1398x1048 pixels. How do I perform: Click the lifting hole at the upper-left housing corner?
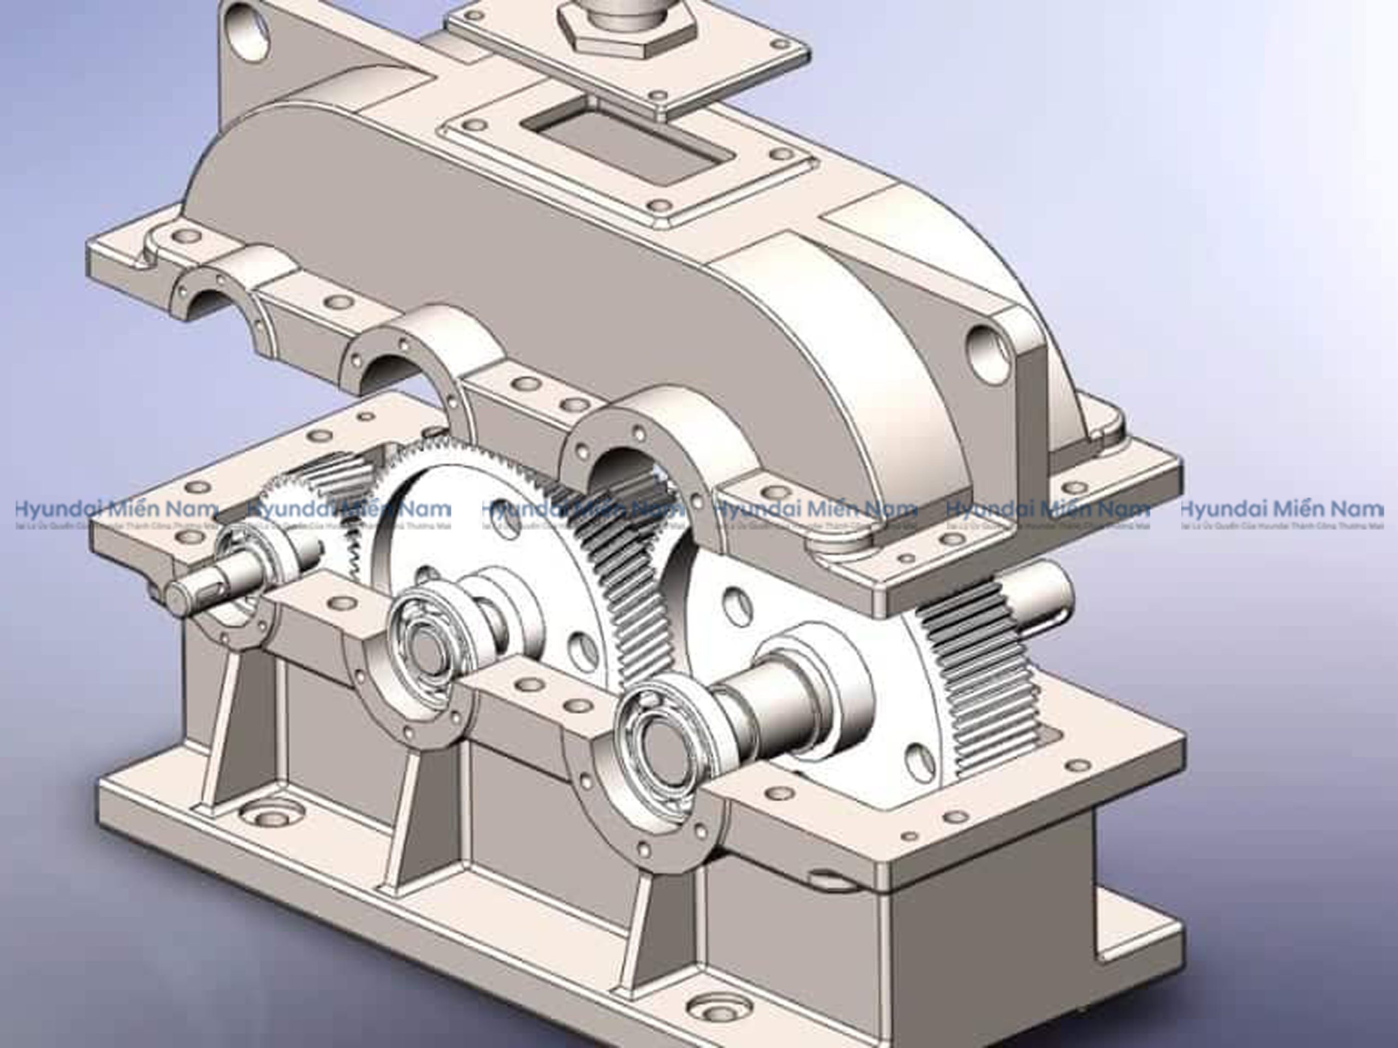[x=251, y=28]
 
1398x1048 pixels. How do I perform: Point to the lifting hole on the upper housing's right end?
[x=989, y=352]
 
